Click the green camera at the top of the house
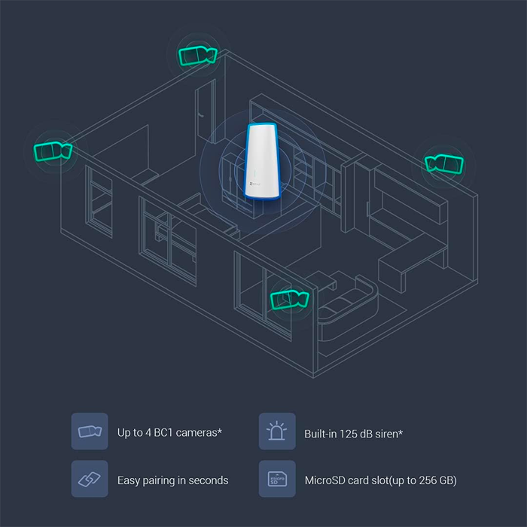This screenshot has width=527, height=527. pos(197,56)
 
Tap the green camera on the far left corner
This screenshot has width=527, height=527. pos(53,151)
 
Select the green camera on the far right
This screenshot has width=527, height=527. pos(443,163)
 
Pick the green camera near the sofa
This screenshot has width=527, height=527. pos(289,300)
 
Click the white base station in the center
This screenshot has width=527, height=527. pos(261,161)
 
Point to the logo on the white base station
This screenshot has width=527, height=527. pos(255,184)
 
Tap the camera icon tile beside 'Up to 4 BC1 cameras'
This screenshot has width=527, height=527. pos(90,431)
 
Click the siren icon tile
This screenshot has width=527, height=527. pos(277,431)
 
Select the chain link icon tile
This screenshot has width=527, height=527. pos(90,479)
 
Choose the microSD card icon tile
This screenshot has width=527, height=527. pos(277,479)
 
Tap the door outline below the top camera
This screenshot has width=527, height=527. pos(206,111)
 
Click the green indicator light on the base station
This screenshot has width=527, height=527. pos(254,173)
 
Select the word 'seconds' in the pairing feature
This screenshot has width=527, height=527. pos(208,480)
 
